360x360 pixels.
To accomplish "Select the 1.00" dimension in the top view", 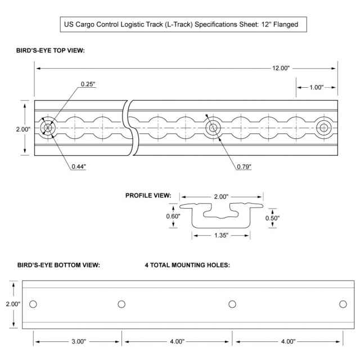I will [316, 88].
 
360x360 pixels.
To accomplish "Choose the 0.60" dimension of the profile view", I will [172, 215].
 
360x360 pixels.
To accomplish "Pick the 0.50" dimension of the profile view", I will [272, 217].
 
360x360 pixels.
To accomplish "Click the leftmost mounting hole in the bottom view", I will [33, 304].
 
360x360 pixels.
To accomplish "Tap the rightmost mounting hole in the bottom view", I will [343, 304].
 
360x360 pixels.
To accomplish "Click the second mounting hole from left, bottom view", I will [121, 304].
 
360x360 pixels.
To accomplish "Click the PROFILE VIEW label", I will [147, 196].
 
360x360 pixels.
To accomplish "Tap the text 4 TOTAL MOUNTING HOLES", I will [187, 264].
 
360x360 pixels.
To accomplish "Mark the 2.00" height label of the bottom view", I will [12, 304].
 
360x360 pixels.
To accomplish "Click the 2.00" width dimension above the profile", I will [221, 197].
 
